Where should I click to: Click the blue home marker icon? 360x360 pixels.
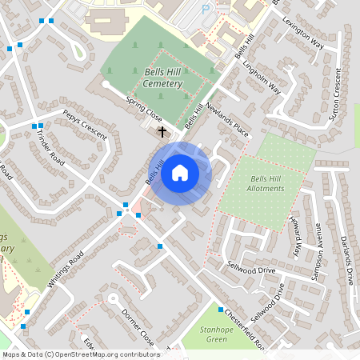tap(180, 172)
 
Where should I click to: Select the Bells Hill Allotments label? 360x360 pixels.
tap(267, 182)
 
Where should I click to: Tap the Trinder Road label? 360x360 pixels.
tap(50, 148)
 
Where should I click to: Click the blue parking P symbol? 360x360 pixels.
tap(206, 9)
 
